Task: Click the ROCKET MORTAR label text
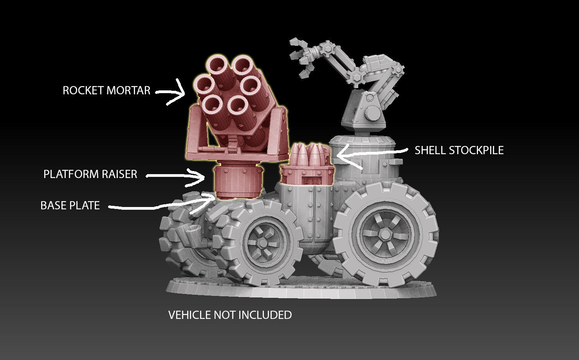pos(106,90)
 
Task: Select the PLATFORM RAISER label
pos(90,174)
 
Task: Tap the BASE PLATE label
pos(70,205)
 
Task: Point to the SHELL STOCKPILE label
pos(459,150)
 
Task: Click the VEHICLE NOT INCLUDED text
pos(230,315)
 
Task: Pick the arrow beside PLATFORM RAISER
pos(176,176)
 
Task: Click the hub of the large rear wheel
pos(385,234)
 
